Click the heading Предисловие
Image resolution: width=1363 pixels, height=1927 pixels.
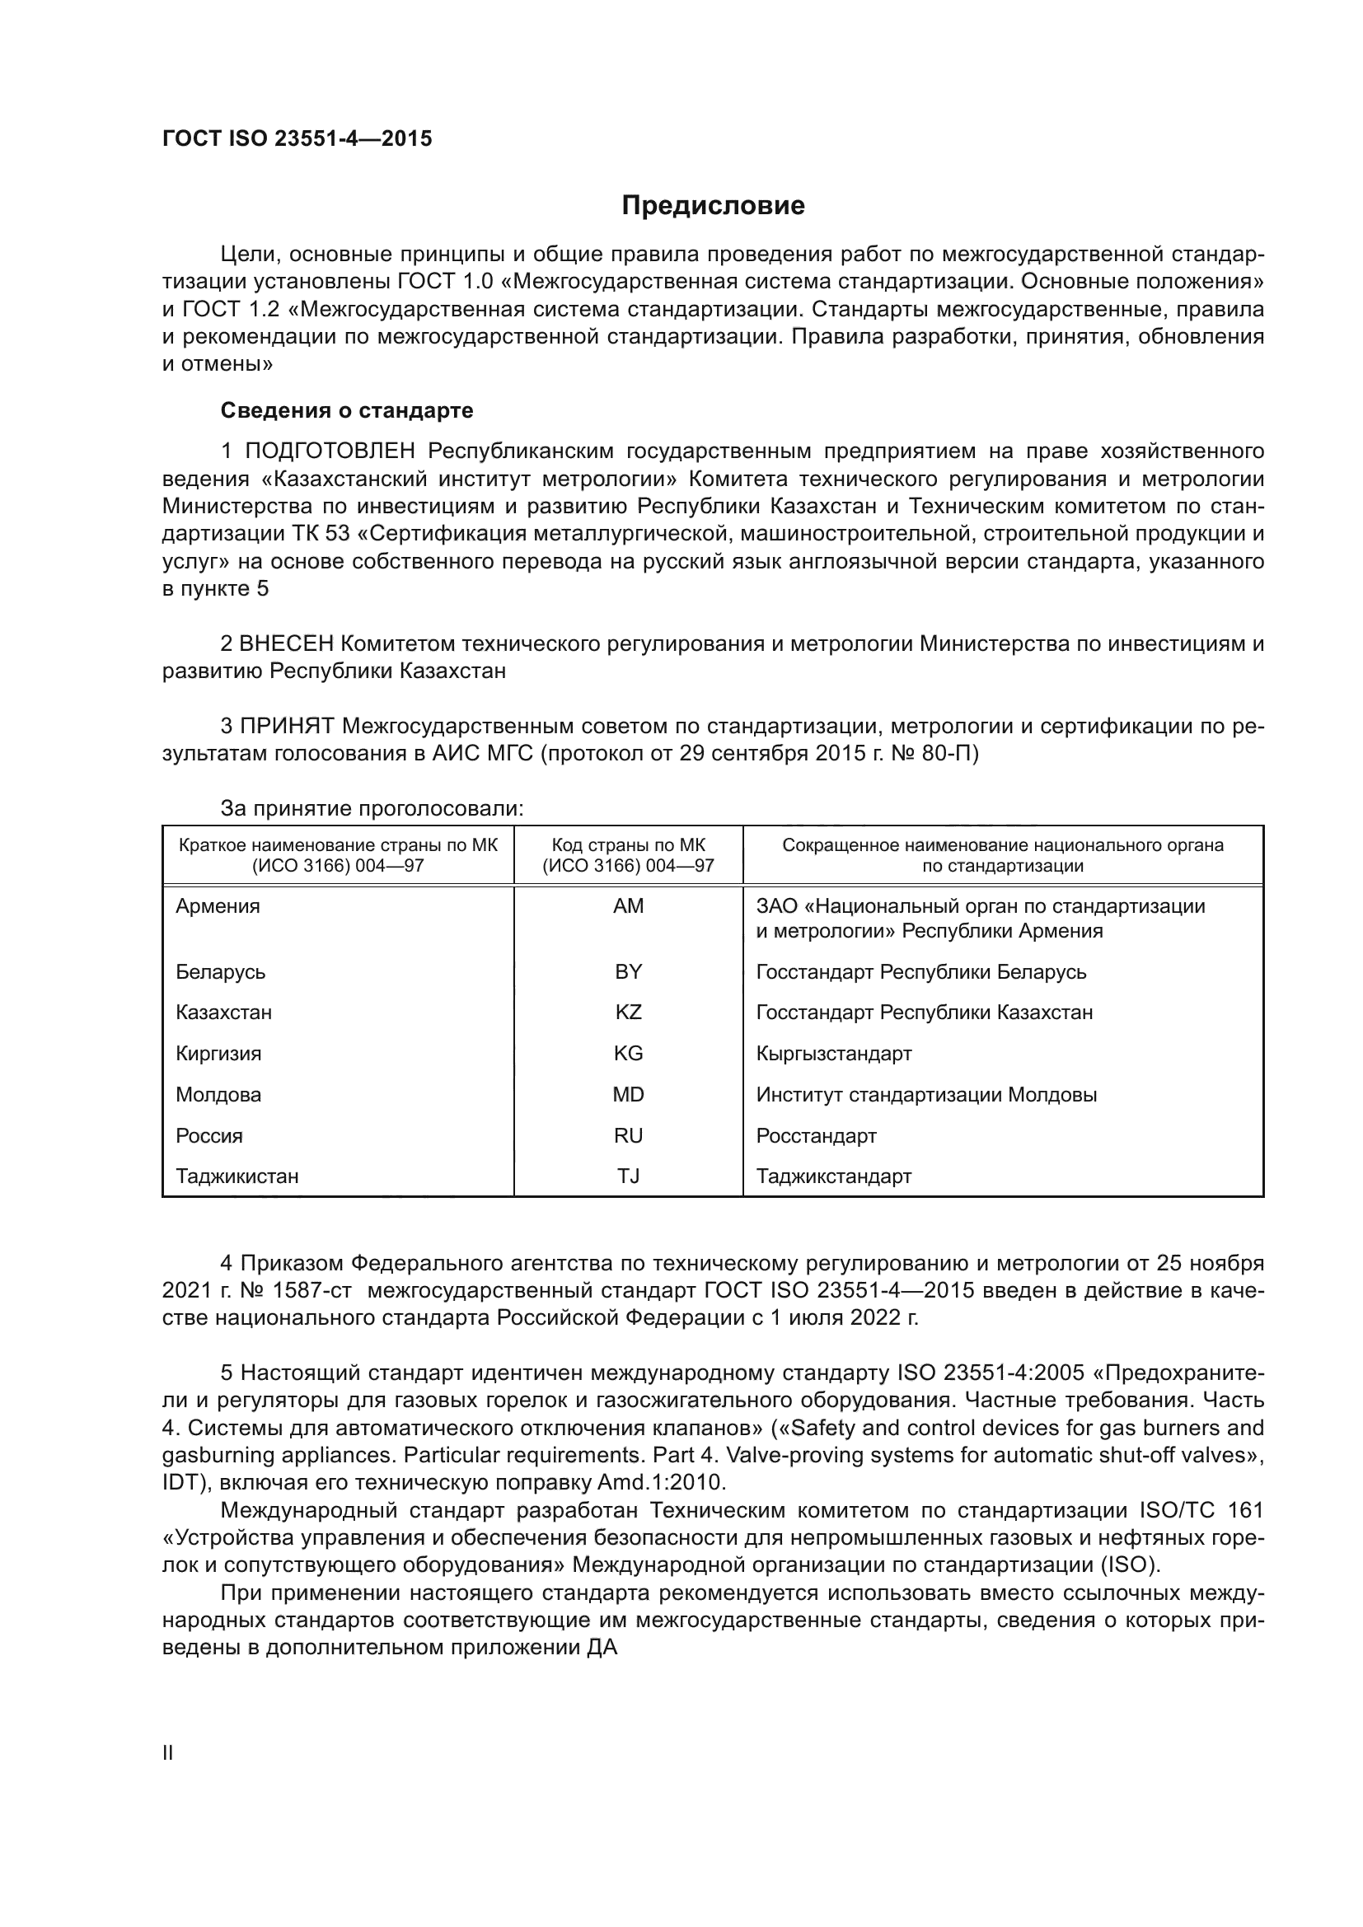713,206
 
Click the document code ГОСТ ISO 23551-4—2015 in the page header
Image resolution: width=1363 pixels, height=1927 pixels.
297,138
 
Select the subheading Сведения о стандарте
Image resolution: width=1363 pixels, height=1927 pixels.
347,410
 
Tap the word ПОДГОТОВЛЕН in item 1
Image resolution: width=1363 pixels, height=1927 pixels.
330,451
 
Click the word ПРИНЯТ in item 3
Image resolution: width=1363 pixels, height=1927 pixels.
287,726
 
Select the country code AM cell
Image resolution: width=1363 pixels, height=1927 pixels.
628,906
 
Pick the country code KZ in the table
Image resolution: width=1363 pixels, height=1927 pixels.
628,1013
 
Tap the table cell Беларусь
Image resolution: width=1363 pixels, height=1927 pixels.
221,972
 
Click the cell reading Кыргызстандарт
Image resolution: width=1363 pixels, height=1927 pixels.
833,1054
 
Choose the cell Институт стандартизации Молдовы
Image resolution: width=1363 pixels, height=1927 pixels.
925,1094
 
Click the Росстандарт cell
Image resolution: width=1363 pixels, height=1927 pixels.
816,1135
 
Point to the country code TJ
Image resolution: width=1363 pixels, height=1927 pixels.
628,1176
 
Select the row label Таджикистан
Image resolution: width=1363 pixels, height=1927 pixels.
237,1176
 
